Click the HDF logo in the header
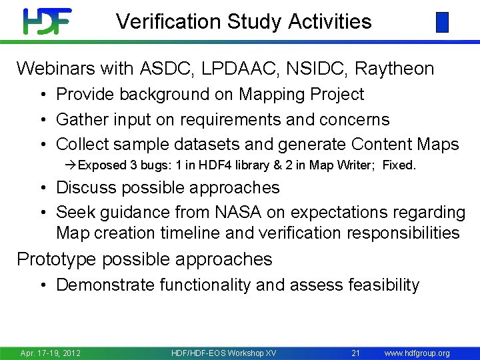47,21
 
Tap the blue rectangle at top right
442,23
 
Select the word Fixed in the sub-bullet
400,165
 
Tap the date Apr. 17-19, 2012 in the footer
51,353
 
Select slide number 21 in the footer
355,353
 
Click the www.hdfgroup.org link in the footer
417,353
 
